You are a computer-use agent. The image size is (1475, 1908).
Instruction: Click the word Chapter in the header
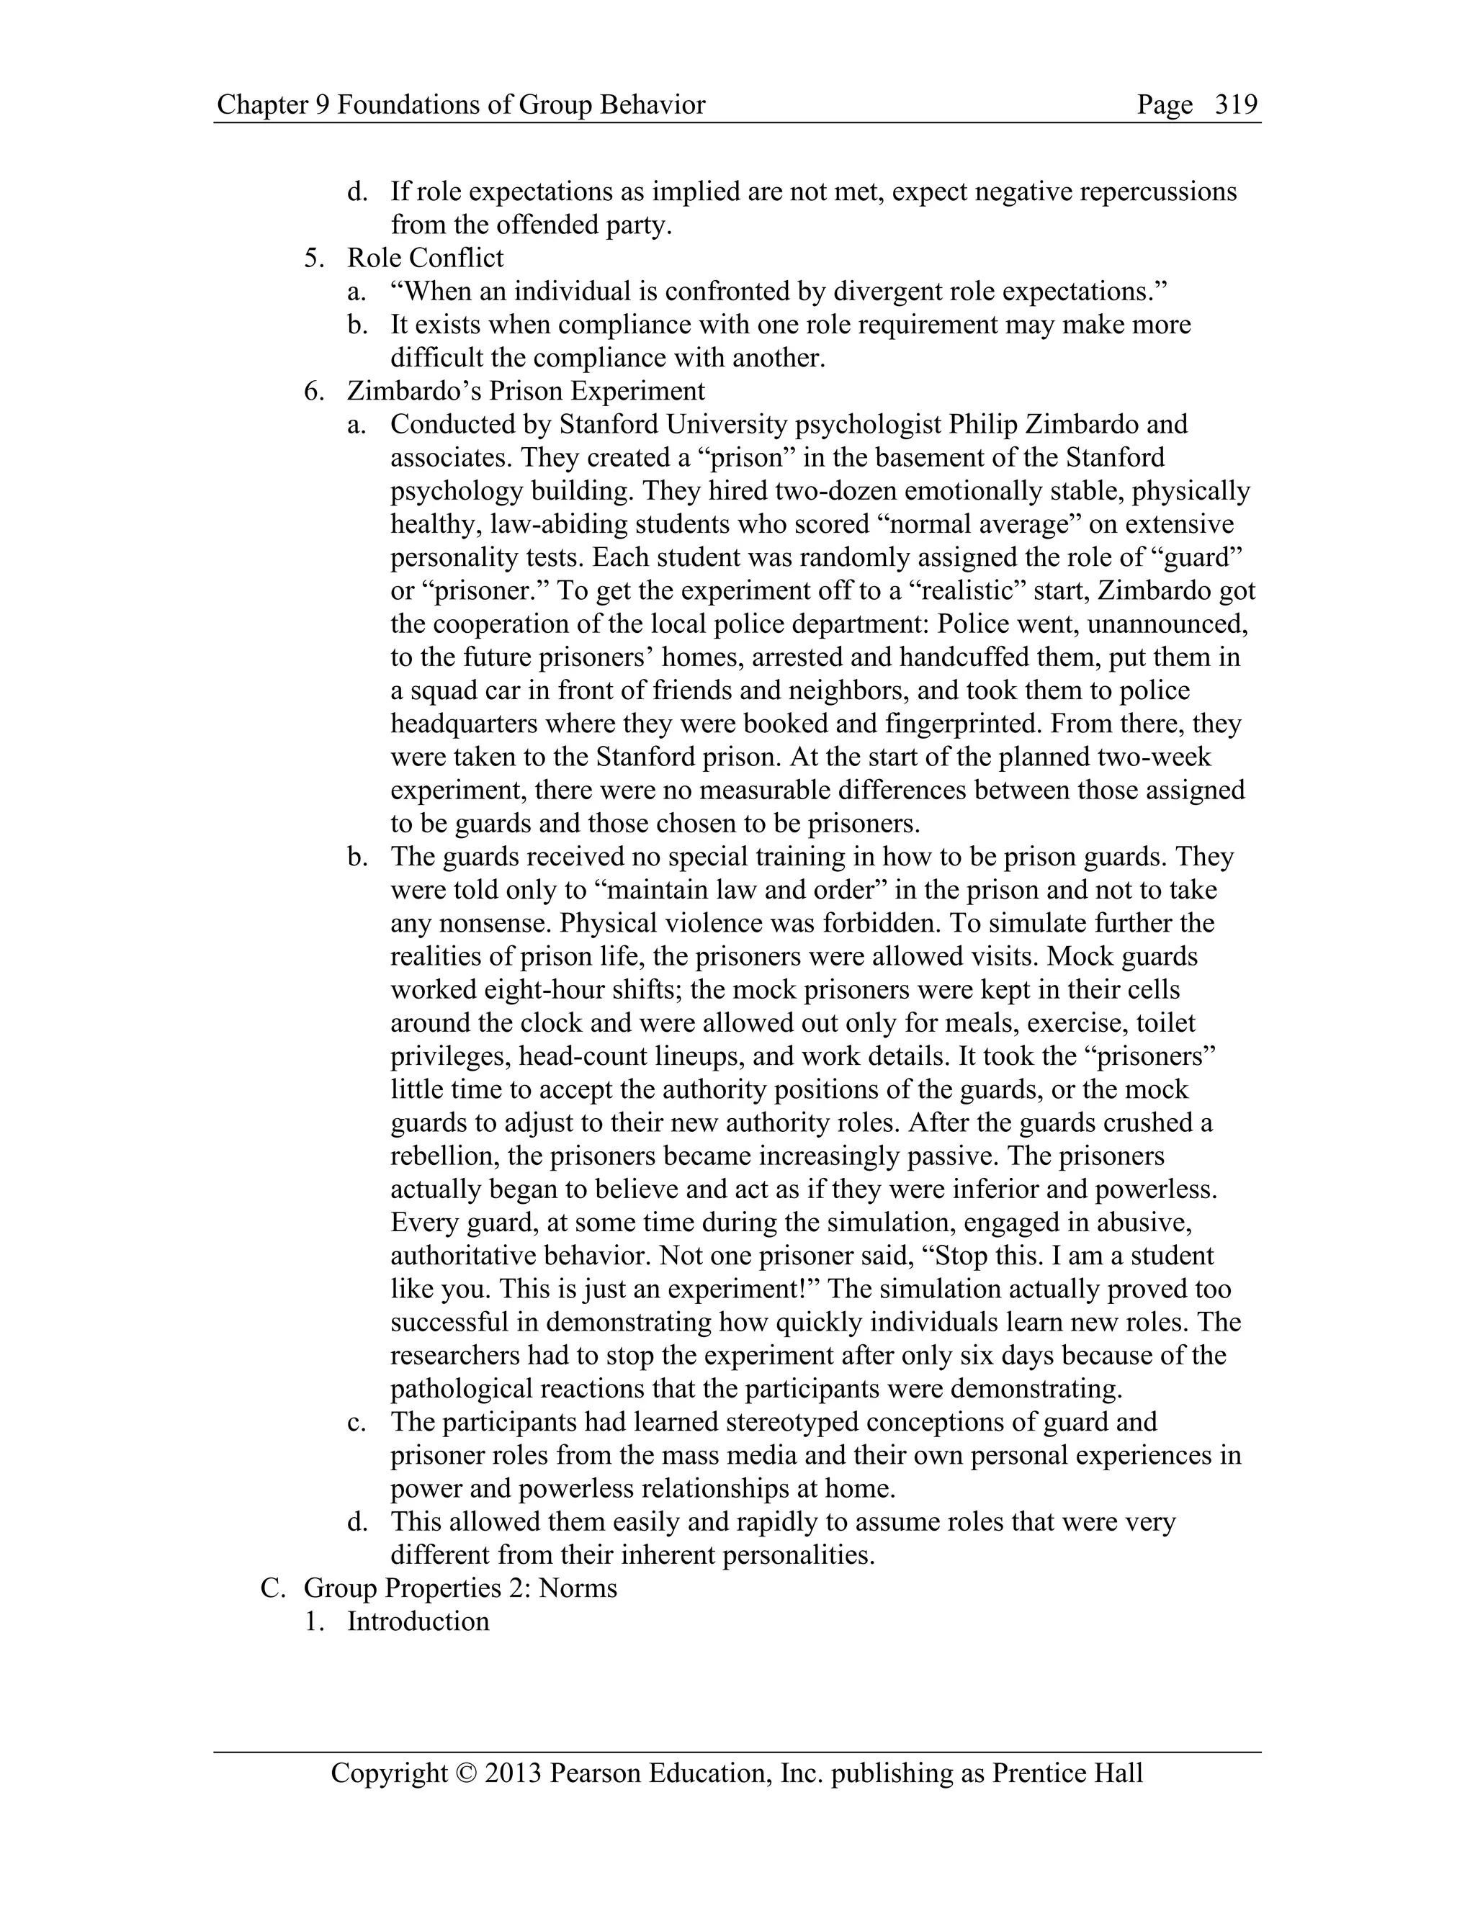tap(258, 105)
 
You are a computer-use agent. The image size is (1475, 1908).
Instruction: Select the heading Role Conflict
tap(425, 258)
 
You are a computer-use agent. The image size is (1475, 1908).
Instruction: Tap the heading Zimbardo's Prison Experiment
tap(525, 390)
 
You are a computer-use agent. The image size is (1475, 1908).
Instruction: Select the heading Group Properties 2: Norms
tap(459, 1588)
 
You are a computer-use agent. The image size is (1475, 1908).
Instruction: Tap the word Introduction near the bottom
tap(418, 1621)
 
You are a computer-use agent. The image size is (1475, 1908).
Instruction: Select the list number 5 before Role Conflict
tap(312, 258)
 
